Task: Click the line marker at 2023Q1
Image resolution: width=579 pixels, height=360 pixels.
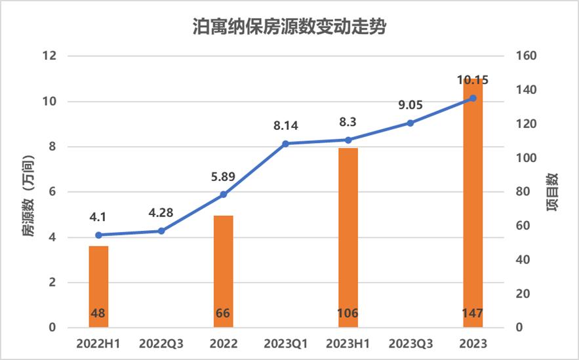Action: [285, 143]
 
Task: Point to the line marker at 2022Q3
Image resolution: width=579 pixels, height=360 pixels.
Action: [161, 231]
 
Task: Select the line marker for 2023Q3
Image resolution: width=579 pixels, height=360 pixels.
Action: [410, 123]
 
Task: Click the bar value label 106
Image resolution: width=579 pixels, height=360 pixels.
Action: [348, 313]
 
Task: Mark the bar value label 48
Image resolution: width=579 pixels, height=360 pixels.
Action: [98, 313]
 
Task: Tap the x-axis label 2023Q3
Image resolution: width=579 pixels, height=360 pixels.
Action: [410, 344]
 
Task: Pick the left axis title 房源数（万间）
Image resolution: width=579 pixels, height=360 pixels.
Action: [28, 196]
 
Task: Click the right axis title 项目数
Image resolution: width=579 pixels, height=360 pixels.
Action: [552, 192]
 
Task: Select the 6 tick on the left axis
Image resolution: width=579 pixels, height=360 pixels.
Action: [51, 192]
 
